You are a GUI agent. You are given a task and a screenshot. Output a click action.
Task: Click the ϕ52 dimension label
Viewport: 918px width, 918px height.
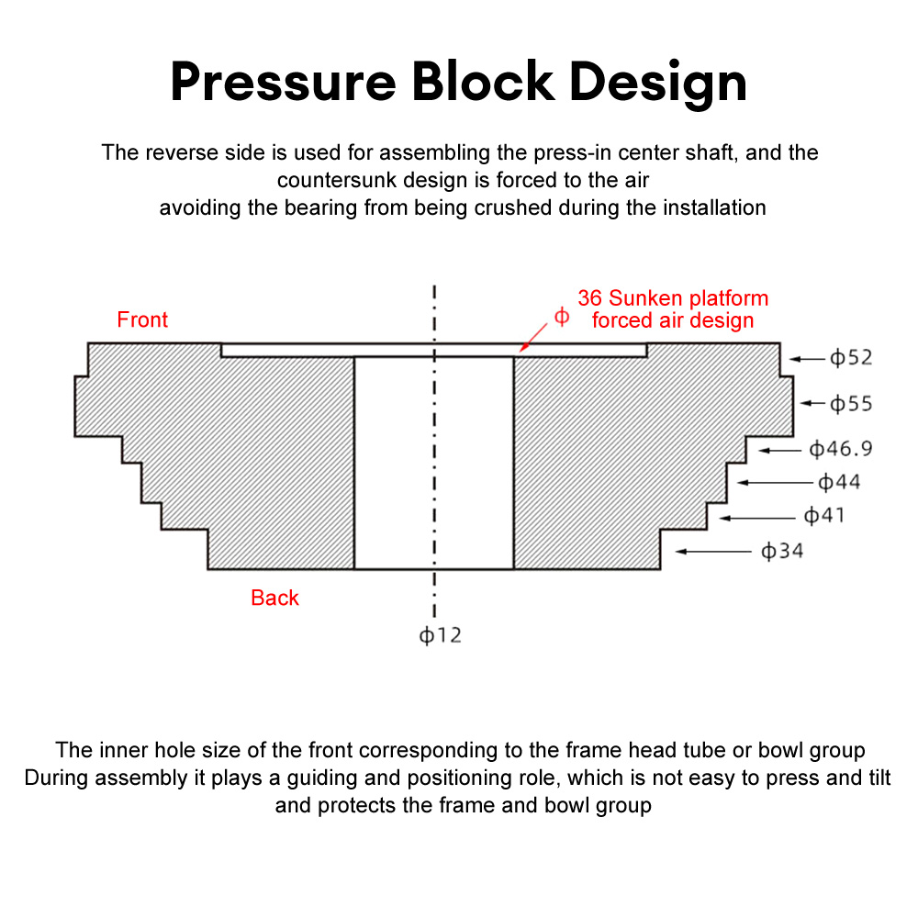click(851, 358)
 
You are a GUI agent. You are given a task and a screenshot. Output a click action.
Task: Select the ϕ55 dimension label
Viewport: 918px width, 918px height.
click(851, 404)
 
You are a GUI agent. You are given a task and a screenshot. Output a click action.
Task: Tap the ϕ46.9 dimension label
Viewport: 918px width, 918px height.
click(840, 450)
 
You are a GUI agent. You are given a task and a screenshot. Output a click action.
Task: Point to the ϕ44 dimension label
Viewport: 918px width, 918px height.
click(839, 482)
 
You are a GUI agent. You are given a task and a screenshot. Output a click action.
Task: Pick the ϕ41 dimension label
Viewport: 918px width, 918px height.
click(824, 516)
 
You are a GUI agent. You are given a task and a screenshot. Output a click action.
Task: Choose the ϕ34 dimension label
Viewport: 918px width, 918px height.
click(782, 552)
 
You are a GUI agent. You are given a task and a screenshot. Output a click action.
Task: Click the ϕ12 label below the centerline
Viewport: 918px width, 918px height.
click(441, 635)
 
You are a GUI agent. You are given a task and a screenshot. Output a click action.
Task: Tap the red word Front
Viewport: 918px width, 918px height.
click(142, 320)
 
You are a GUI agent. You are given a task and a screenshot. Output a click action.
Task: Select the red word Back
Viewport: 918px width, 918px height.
click(274, 599)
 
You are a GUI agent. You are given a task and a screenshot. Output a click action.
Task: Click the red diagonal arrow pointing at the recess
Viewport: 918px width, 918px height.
click(534, 335)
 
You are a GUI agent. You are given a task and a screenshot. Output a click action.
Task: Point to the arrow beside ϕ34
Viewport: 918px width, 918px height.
click(712, 552)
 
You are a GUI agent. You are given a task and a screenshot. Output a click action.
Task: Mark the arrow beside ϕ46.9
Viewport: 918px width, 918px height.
click(779, 450)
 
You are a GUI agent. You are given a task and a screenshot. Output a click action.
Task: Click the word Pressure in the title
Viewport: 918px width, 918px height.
click(283, 83)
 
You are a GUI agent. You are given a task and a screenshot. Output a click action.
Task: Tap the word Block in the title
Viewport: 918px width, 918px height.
click(482, 83)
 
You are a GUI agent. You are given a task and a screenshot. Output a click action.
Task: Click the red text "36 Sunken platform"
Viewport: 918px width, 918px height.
click(673, 298)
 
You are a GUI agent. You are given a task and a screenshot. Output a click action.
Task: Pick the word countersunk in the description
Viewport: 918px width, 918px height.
click(338, 180)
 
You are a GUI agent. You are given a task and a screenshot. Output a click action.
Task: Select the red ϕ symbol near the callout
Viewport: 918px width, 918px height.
click(562, 317)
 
